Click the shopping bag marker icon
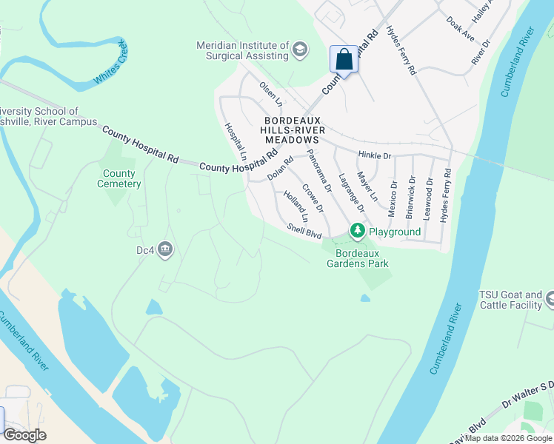[x=344, y=58]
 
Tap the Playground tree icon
[x=358, y=232]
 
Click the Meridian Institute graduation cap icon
[x=300, y=50]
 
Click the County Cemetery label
[x=118, y=179]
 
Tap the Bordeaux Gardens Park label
[x=358, y=258]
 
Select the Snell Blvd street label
[x=304, y=231]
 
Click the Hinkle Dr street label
[x=373, y=155]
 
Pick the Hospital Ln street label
[x=236, y=141]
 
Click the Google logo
[x=24, y=435]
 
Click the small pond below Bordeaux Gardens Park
[x=365, y=298]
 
